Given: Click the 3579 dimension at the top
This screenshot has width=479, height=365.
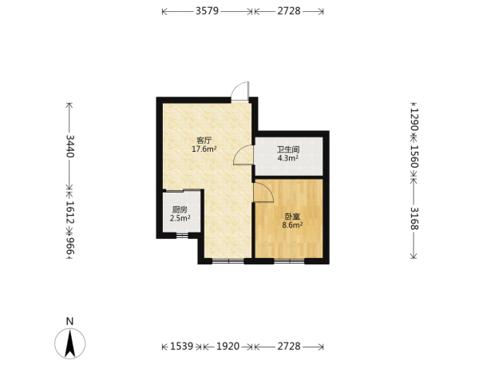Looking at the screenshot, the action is coord(207,11).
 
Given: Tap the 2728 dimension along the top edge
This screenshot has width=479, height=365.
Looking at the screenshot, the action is coord(289,11).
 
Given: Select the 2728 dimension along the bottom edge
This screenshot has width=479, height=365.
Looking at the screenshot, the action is coord(289,347).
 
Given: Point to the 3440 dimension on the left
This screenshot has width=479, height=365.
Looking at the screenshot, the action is coord(70,146).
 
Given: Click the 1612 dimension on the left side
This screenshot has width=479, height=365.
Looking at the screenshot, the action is coord(70,212).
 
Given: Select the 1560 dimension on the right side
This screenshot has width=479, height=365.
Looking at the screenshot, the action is coord(414,157).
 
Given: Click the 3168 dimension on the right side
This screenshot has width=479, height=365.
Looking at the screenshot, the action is coord(414,218).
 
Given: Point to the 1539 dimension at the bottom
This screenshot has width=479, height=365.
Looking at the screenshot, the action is coord(182,347).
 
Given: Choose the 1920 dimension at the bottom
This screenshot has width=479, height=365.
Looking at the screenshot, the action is coord(228,347).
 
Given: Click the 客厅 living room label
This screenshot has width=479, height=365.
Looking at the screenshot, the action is coord(204,141).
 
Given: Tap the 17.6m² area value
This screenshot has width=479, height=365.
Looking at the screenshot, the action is coord(204,149).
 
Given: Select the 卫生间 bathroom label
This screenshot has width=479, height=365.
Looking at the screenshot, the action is coord(288,150).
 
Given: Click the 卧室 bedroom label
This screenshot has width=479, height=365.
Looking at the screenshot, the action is coord(293,216).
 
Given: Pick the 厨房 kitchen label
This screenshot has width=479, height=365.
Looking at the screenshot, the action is coord(180,210).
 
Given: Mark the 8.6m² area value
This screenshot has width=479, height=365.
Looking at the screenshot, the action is coord(293,225).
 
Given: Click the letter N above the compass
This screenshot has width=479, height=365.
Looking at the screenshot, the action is coord(70,321).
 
